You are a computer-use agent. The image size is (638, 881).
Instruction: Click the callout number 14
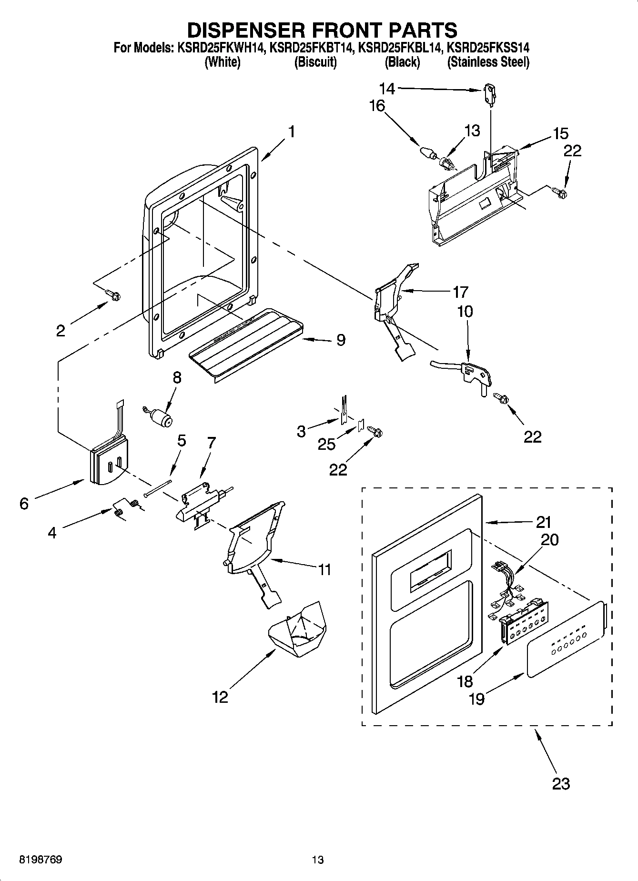pyautogui.click(x=387, y=89)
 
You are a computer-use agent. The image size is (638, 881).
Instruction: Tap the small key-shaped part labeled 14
pyautogui.click(x=489, y=91)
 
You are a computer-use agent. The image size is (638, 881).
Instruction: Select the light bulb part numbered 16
pyautogui.click(x=427, y=152)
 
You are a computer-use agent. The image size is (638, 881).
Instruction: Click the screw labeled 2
pyautogui.click(x=113, y=296)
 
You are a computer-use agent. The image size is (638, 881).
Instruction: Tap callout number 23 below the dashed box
pyautogui.click(x=561, y=783)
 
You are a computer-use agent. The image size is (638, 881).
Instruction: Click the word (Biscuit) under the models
pyautogui.click(x=315, y=62)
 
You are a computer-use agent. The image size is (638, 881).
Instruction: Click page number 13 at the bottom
pyautogui.click(x=318, y=860)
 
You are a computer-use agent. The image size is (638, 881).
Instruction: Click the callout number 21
pyautogui.click(x=543, y=523)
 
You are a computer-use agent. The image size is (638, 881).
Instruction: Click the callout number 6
pyautogui.click(x=24, y=503)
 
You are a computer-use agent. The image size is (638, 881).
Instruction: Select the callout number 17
pyautogui.click(x=460, y=292)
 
